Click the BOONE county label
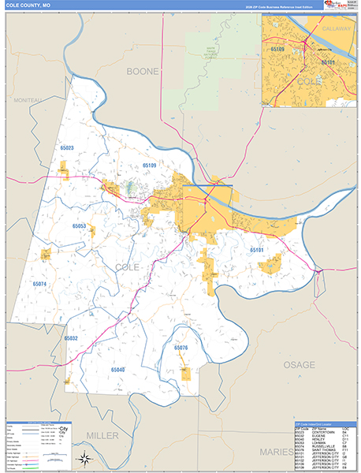[x=143, y=71]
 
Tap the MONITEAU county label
[x=28, y=100]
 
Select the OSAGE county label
[x=299, y=365]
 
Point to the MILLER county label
[x=102, y=435]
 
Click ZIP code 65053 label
[x=79, y=226]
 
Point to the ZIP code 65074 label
[x=40, y=283]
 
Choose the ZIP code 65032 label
[x=71, y=338]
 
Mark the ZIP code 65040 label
[x=118, y=369]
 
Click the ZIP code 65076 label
[x=180, y=348]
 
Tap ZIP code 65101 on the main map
[x=257, y=250]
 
